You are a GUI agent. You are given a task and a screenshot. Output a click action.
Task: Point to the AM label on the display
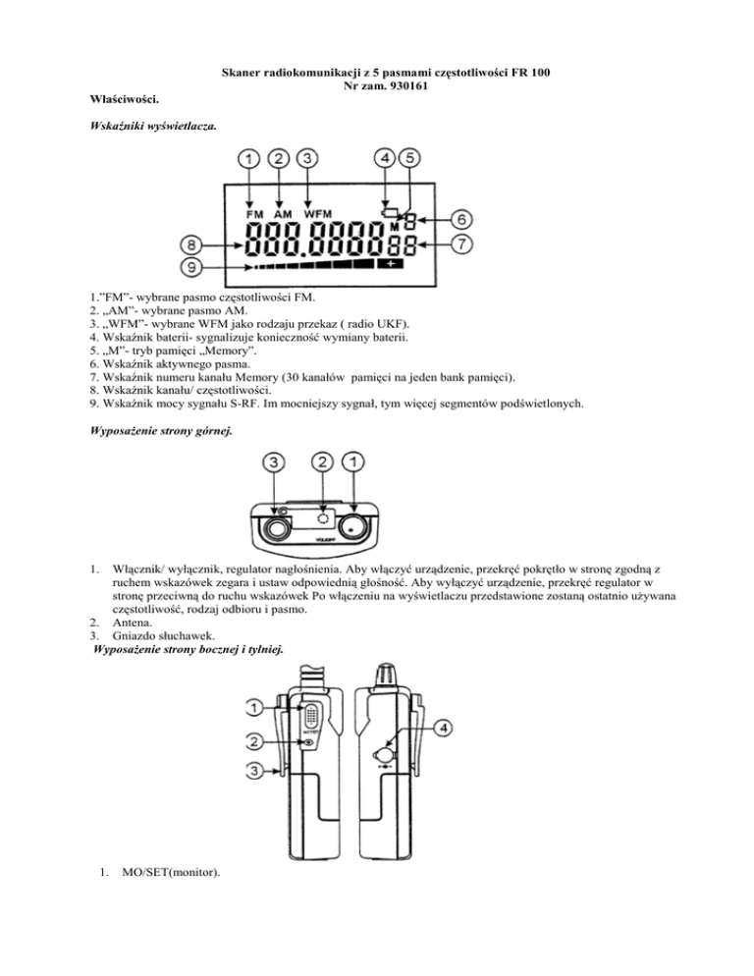pyautogui.click(x=282, y=213)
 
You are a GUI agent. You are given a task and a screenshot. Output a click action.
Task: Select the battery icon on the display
pyautogui.click(x=390, y=212)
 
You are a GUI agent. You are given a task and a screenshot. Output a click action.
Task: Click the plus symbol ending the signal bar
pyautogui.click(x=395, y=265)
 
